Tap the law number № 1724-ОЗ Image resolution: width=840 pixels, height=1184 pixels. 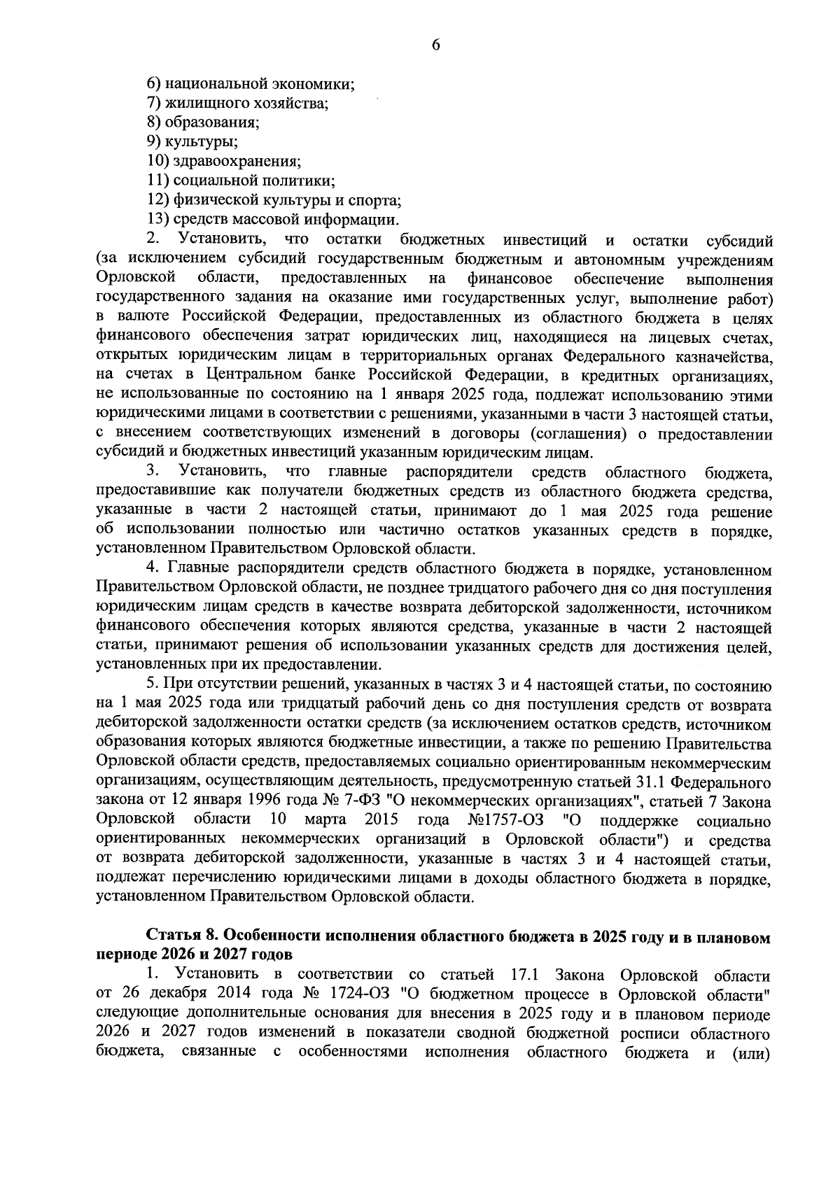[349, 994]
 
